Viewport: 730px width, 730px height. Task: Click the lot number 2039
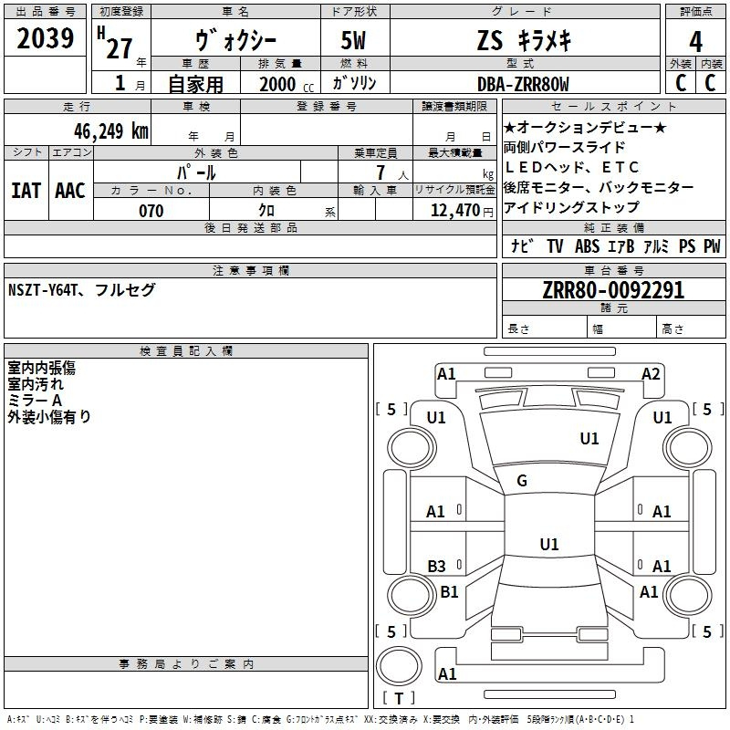click(45, 38)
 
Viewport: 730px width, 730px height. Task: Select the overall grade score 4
click(695, 42)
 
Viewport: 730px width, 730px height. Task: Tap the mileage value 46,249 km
click(110, 131)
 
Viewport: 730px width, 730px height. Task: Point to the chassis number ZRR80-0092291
click(613, 290)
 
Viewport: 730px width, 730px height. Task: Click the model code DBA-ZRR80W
click(523, 84)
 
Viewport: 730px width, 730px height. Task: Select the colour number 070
click(151, 211)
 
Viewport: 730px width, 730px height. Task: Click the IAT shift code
click(26, 191)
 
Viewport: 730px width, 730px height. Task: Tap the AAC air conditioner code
click(70, 191)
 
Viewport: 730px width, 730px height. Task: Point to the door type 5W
click(353, 40)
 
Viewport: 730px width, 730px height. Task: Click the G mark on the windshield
click(522, 480)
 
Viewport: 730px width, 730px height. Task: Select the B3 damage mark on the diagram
click(436, 566)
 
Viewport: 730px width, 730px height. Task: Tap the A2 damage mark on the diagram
click(651, 374)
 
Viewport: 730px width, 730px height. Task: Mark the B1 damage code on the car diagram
click(449, 591)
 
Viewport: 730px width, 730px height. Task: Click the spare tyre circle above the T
click(399, 666)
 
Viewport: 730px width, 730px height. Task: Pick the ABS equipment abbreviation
click(587, 246)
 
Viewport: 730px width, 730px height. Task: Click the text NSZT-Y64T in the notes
click(42, 290)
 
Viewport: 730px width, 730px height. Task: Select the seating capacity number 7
click(381, 172)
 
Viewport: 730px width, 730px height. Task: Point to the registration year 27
click(120, 48)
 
